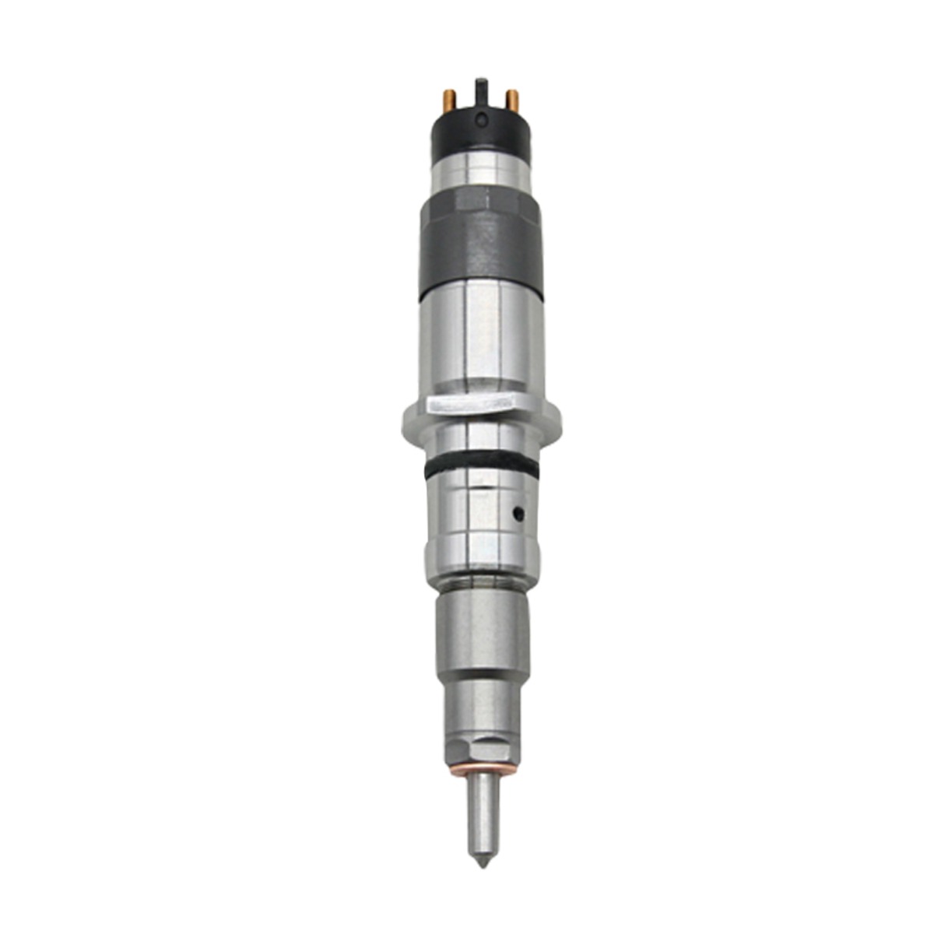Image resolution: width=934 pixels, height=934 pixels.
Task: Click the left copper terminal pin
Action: point(450,100)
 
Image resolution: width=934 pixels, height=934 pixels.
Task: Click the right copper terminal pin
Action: point(512,100)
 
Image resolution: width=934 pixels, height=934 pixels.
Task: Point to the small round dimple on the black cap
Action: point(483,120)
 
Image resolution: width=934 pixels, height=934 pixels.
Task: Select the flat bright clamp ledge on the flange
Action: point(472,404)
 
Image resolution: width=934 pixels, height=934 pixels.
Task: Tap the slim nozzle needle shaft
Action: point(483,809)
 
